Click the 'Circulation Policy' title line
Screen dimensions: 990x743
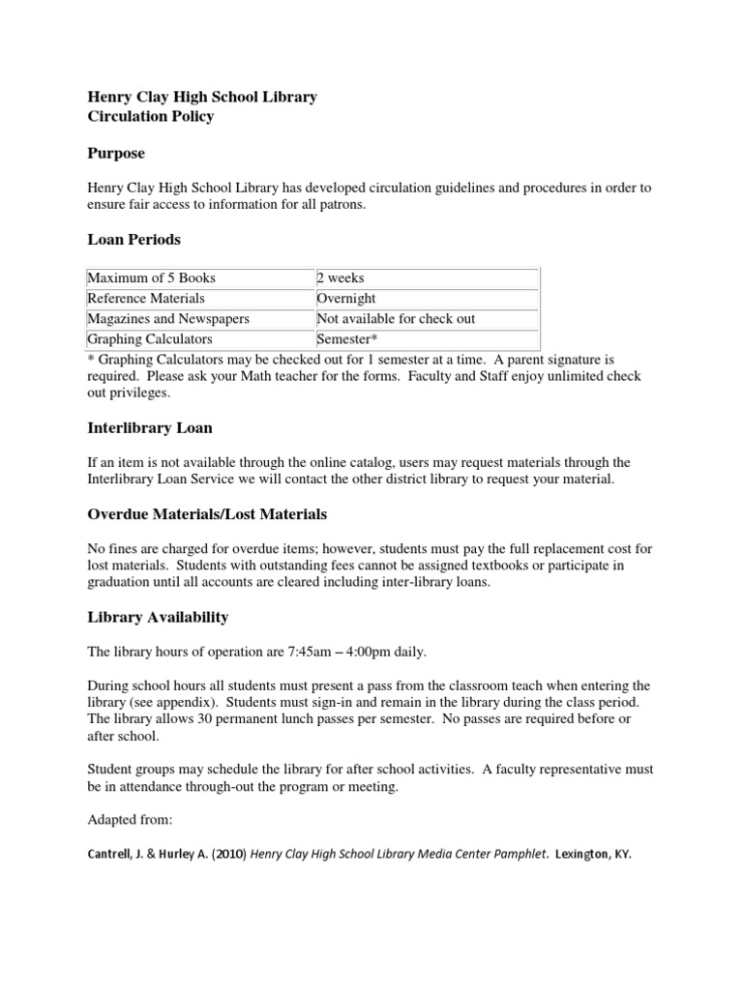[150, 117]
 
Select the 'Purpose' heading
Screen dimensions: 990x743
[116, 153]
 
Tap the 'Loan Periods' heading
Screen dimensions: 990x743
[134, 239]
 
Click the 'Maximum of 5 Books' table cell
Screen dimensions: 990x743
[151, 278]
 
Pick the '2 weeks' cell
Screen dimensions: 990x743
[341, 278]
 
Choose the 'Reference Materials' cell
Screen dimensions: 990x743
[146, 299]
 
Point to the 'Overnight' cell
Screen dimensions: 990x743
[346, 299]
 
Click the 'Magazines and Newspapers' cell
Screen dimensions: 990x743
[168, 319]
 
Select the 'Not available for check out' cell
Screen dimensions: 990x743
[396, 319]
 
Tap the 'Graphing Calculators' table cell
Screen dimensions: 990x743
[150, 339]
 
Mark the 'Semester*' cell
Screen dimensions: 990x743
[347, 339]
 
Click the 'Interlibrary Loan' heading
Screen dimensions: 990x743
[150, 427]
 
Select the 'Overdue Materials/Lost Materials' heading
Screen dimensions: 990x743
[207, 513]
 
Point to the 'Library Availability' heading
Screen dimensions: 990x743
[158, 617]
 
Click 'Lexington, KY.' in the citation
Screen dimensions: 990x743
[593, 855]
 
